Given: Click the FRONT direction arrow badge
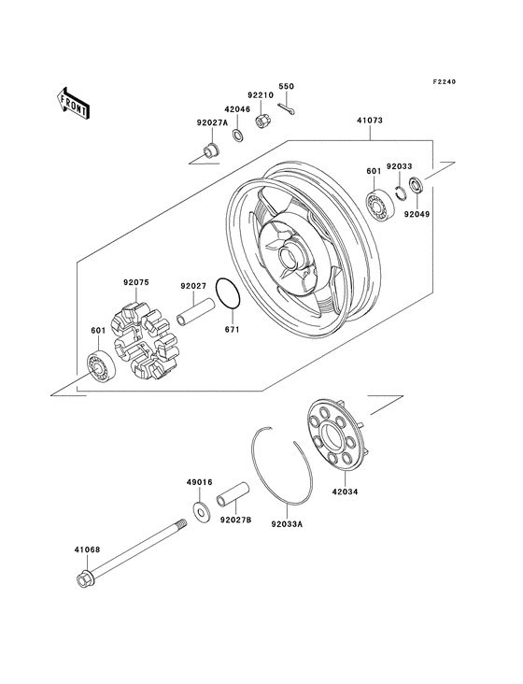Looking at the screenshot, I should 74,102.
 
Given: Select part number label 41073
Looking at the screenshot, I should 371,121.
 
